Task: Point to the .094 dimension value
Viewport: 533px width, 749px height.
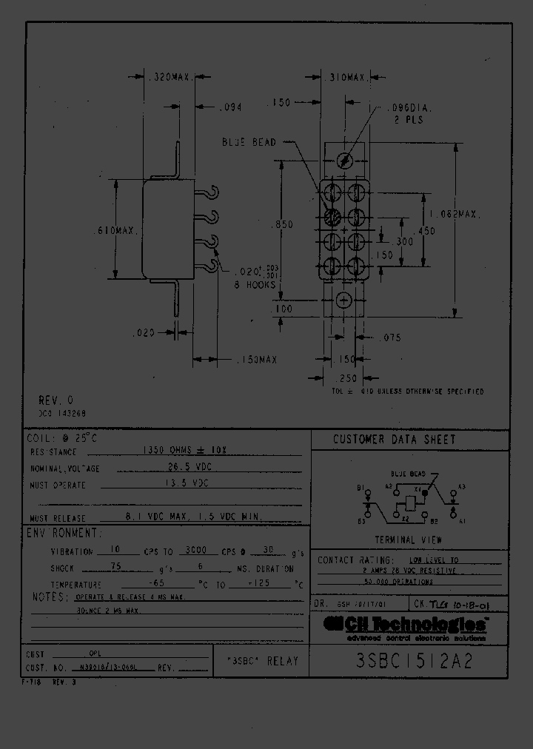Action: [x=232, y=108]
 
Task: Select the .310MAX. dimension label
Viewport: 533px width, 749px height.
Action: [x=345, y=77]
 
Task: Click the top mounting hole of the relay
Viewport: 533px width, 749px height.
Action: [x=343, y=161]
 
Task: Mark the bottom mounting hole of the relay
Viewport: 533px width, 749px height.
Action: [x=343, y=300]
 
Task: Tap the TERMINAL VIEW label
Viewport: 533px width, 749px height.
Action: [x=408, y=540]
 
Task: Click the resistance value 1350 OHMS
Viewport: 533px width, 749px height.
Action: [x=195, y=451]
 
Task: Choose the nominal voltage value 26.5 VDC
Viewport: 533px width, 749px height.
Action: [x=200, y=468]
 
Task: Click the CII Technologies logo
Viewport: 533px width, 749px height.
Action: [x=407, y=626]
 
